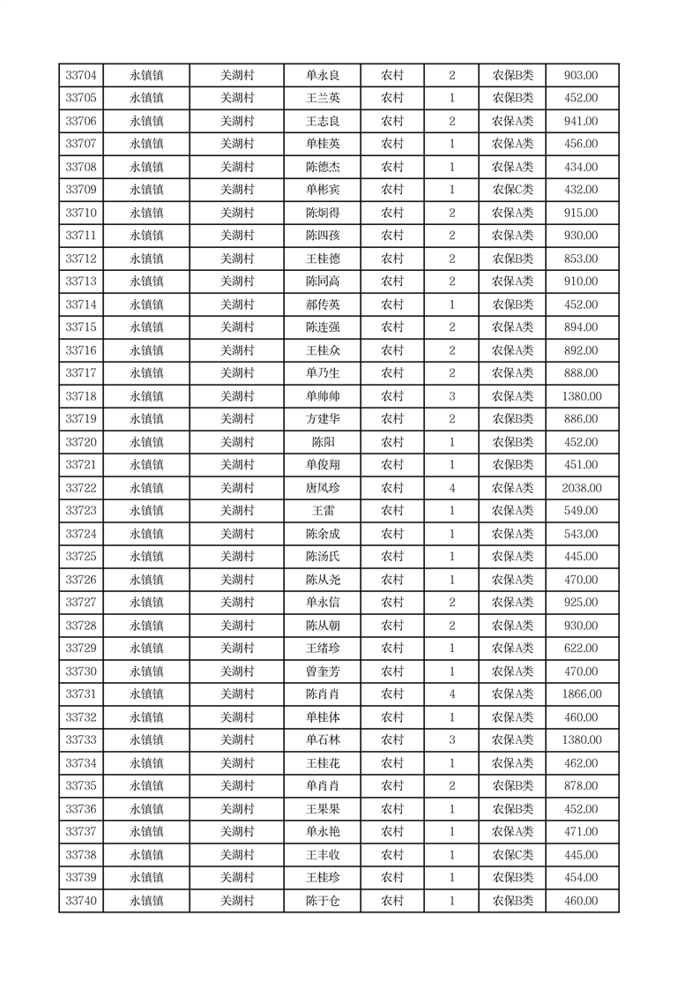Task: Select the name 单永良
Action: [322, 76]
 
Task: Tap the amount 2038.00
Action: [582, 488]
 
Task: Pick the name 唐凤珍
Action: [322, 488]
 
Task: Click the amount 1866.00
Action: [582, 694]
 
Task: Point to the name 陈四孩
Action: [322, 236]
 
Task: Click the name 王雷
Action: [322, 511]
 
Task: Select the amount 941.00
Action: [582, 122]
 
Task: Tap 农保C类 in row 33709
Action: [512, 190]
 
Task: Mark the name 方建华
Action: [322, 419]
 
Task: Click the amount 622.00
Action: [582, 649]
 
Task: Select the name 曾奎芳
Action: [322, 671]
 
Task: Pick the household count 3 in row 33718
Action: [452, 396]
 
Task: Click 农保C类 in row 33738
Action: [512, 855]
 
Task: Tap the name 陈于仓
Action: [322, 901]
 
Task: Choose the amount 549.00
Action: [582, 511]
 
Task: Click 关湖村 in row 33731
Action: [236, 694]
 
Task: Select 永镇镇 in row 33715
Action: [146, 327]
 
